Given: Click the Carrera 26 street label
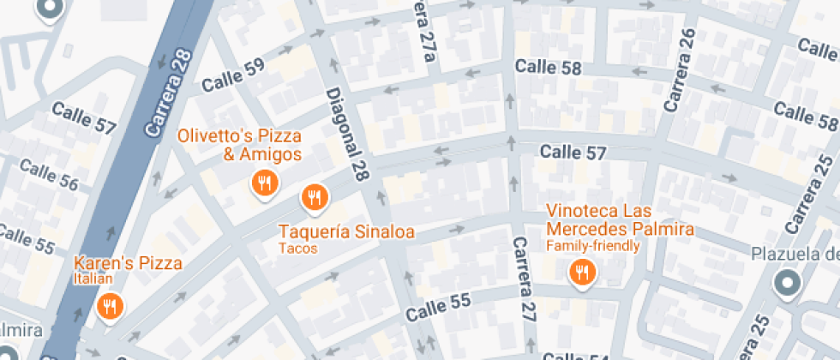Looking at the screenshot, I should tap(678, 69).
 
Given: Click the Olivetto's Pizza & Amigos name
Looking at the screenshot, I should tap(239, 145).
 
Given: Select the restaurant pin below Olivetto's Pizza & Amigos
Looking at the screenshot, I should tap(265, 183).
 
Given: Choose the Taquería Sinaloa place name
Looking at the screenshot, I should tap(346, 231).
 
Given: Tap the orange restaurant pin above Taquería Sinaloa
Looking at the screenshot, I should tap(315, 198).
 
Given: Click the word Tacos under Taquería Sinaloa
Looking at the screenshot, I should tap(297, 249).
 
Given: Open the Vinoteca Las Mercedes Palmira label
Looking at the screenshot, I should tap(620, 220).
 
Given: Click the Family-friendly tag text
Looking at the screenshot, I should tap(593, 246).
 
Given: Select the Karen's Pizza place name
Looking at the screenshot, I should tap(128, 263).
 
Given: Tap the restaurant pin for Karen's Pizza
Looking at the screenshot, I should tap(109, 307).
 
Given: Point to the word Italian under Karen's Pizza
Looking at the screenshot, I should tap(93, 279).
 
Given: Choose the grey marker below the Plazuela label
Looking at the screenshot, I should tap(785, 283).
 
